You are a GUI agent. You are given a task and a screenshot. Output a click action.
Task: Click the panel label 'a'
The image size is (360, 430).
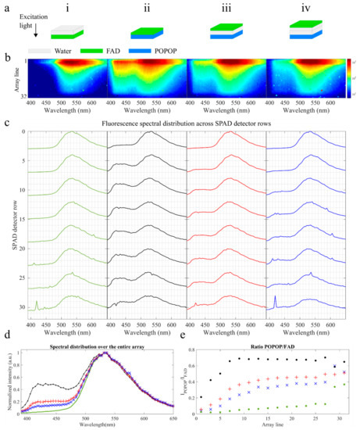click(x=6, y=5)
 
